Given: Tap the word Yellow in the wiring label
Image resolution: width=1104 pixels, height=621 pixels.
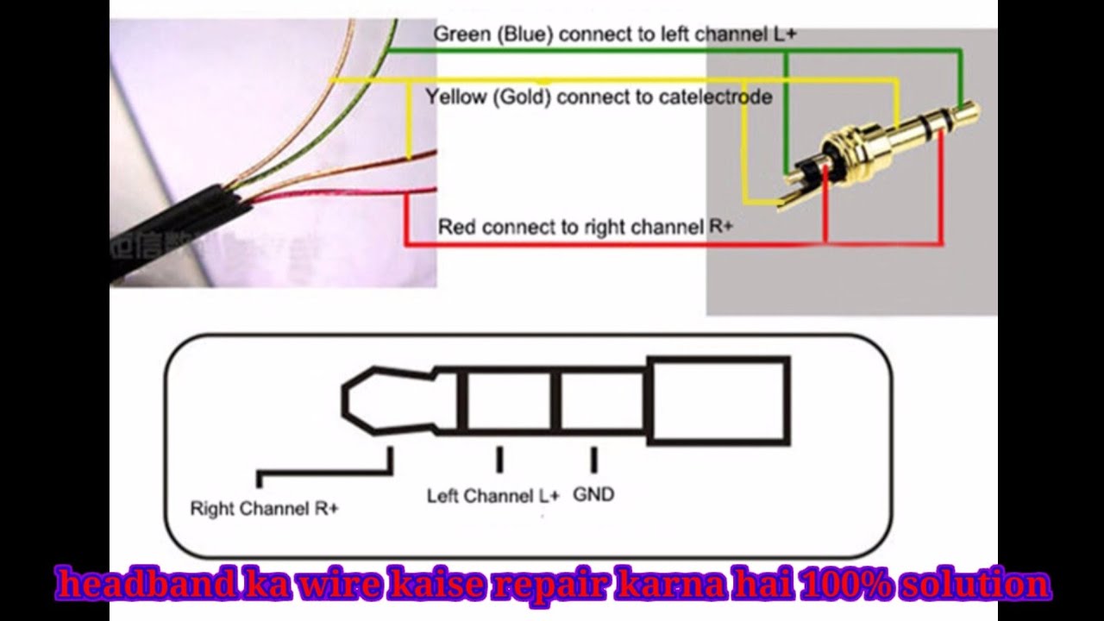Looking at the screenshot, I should coord(456,97).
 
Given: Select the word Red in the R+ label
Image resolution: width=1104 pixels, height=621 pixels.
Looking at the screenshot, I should coord(457,227).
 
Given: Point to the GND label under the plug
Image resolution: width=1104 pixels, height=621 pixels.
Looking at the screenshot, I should coord(593,494).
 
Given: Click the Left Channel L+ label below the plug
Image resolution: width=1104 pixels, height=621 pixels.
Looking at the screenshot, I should coord(493,496).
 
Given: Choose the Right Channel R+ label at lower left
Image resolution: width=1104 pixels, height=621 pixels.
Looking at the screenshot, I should coord(264,508).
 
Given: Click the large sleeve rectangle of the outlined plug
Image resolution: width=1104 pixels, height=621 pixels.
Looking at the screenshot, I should coord(718,402).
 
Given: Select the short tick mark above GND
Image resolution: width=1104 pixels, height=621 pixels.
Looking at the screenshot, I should coord(594,460).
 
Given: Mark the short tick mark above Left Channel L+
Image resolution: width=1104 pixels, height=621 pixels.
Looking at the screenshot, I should coord(499,460).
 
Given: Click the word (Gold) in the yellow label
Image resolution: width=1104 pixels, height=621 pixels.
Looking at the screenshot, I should coord(522,97).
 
